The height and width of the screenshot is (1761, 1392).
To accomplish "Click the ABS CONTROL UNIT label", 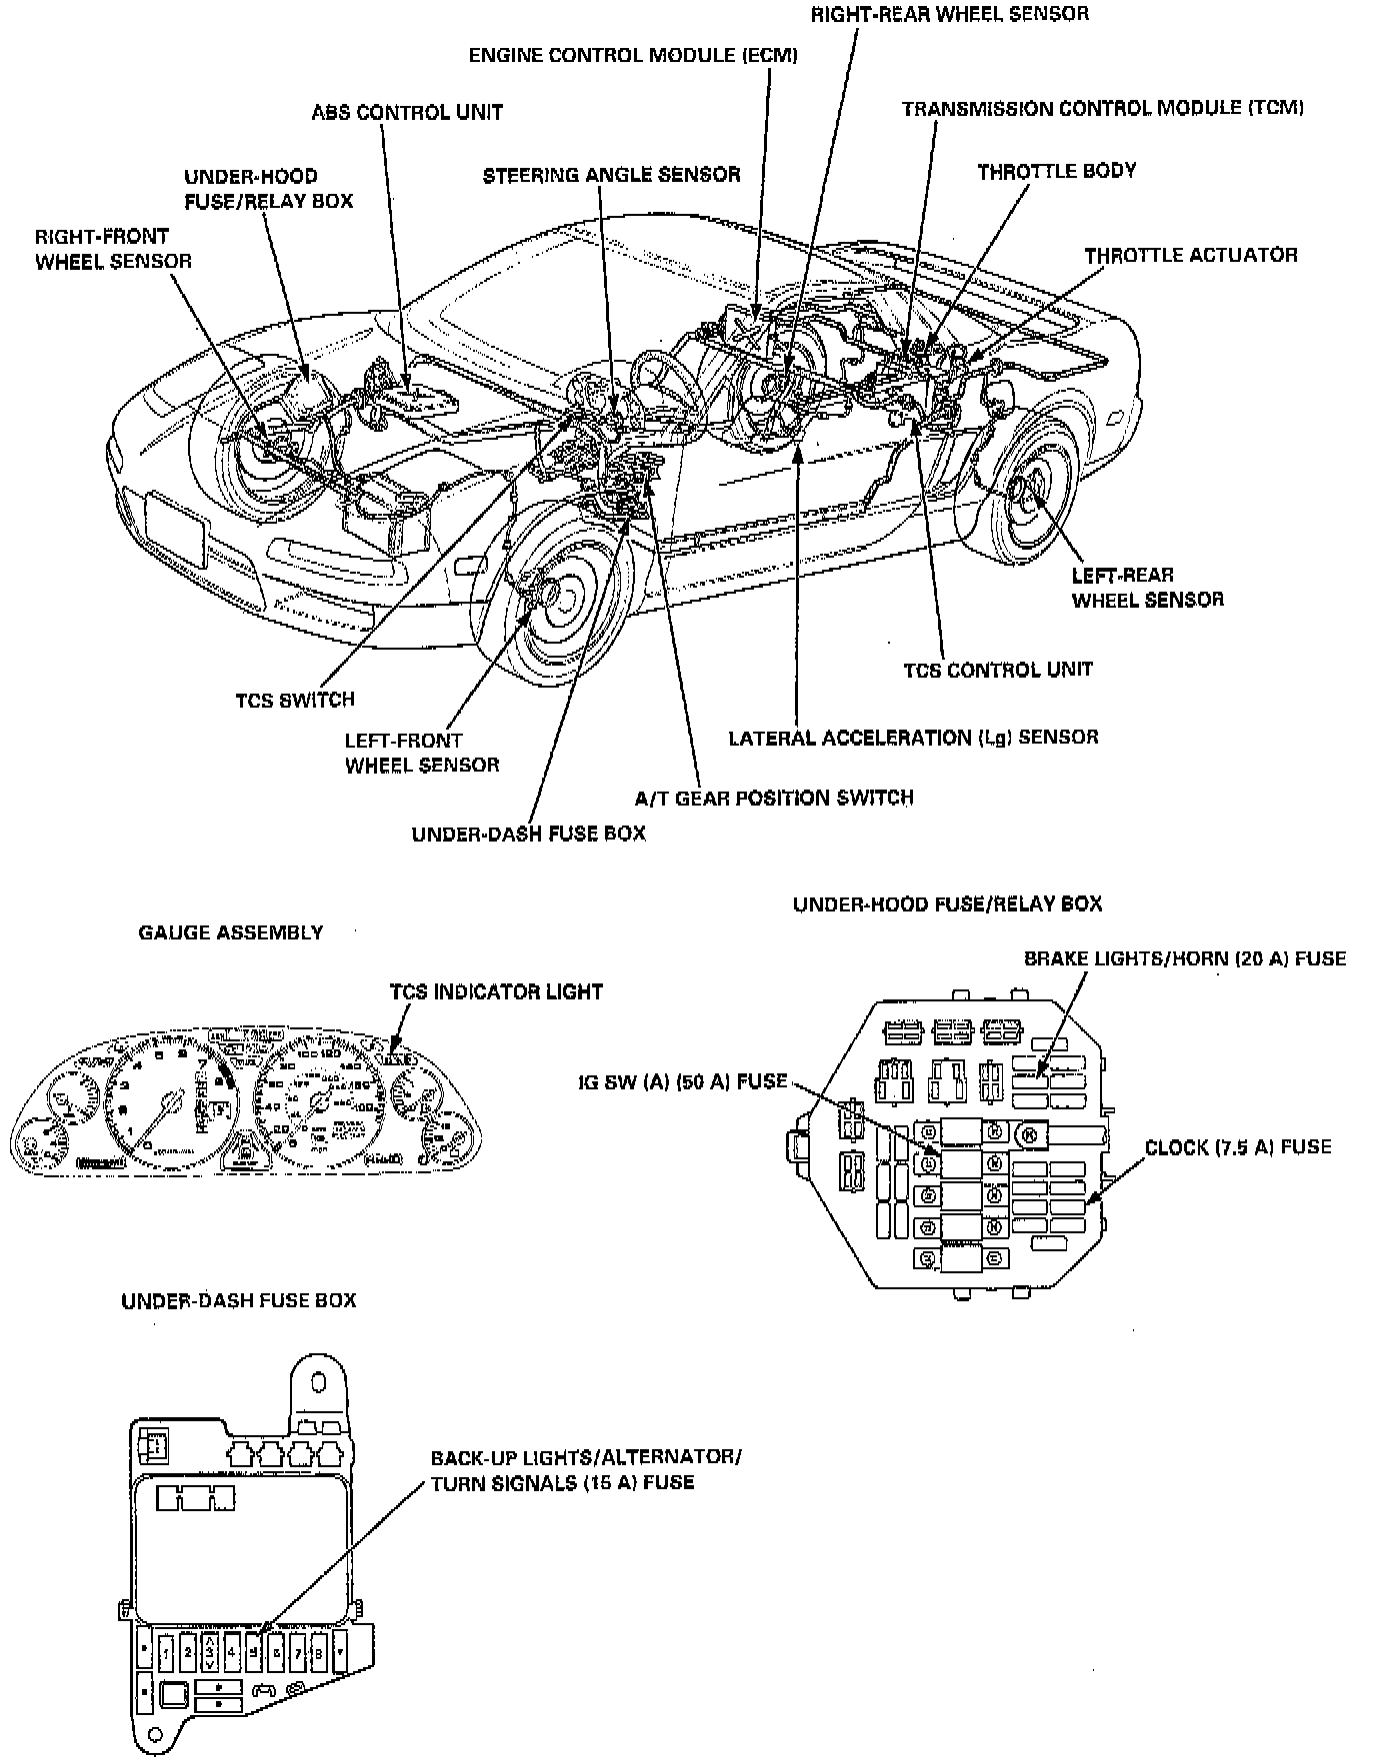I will point(407,112).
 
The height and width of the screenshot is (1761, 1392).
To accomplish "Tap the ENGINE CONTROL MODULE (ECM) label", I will point(633,55).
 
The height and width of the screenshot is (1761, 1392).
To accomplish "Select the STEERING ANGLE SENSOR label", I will point(611,175).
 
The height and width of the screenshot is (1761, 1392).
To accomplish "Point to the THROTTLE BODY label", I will point(1057,171).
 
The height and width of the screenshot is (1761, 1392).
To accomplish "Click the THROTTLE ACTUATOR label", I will point(1191,255).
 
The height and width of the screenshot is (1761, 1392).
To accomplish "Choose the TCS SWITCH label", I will point(295,700).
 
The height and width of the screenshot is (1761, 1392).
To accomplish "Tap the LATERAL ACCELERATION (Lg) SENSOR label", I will point(913,738).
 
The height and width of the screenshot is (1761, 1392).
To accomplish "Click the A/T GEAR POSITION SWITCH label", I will point(774,798).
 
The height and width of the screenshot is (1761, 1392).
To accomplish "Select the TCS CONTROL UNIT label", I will point(998,670).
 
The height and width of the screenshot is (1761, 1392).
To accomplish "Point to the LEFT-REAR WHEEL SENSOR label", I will point(1147,588).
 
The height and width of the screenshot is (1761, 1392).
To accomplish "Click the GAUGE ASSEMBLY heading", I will point(230,932).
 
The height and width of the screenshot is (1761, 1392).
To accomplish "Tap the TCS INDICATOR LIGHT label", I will point(496,991).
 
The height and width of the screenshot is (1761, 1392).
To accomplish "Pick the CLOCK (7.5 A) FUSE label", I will point(1238,1147).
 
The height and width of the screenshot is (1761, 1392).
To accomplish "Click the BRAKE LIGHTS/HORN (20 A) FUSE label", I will point(1185,958).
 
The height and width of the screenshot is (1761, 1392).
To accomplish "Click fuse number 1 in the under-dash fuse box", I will point(166,1652).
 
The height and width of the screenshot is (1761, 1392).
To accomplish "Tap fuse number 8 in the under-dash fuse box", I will point(319,1652).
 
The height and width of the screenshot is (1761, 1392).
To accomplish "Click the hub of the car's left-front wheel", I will point(550,600).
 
